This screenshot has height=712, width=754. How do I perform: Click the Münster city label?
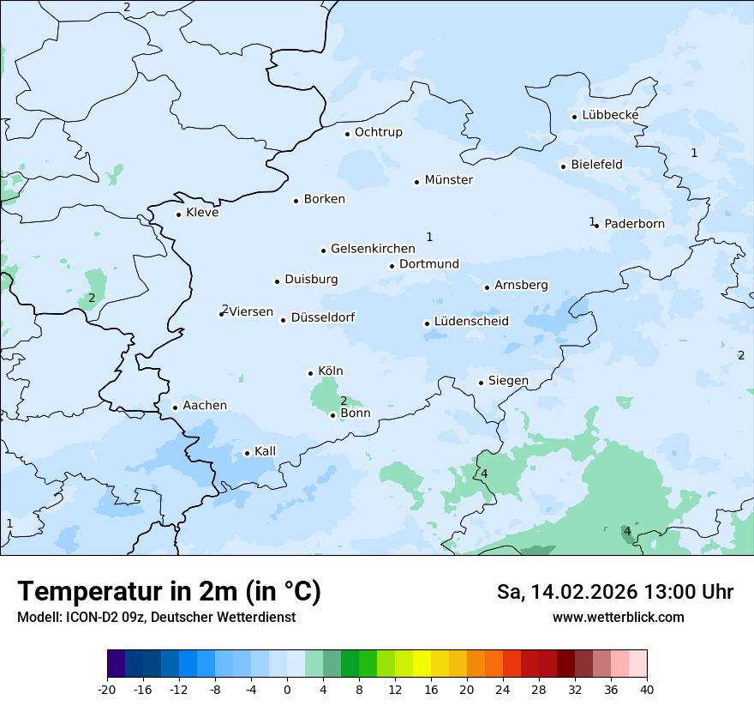pos(448,180)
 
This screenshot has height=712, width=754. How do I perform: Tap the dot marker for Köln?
pos(311,373)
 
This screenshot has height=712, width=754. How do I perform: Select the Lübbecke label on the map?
pos(610,115)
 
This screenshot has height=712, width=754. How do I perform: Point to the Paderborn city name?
pos(634,224)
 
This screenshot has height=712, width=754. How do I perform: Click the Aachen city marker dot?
pos(175,408)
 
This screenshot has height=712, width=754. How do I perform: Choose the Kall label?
pos(265,451)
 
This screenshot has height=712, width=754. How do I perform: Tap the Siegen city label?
pos(508,381)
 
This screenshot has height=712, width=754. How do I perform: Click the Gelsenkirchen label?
pos(373,249)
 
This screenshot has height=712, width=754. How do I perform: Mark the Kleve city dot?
pos(179,214)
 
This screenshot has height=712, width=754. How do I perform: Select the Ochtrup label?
pos(378,132)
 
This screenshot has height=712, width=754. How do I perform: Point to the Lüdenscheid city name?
pos(471,322)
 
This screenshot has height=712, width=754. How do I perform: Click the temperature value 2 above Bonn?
pos(344,401)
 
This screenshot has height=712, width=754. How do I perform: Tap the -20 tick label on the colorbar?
pos(107,689)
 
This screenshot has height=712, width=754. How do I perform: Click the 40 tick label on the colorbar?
pos(647,689)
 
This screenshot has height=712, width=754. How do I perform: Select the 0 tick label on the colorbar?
pos(287,689)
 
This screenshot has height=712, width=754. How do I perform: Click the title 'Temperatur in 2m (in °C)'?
pos(169,592)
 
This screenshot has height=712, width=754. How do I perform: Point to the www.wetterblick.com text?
pos(618,617)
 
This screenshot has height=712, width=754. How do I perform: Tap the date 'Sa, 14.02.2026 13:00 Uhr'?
pos(614,592)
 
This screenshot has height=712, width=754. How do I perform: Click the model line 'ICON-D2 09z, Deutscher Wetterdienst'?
pos(156,617)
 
